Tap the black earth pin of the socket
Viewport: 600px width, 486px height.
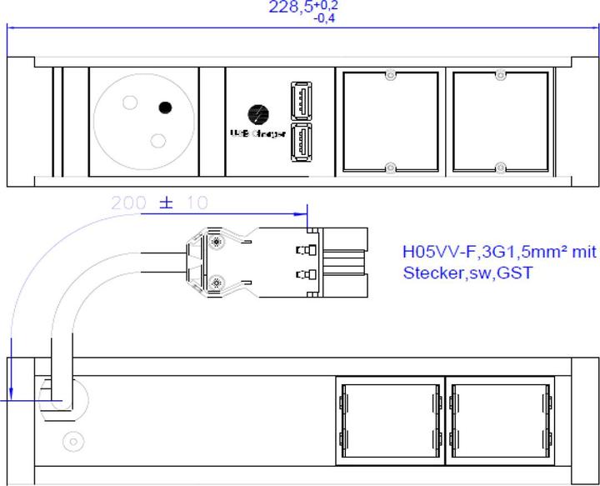(166, 107)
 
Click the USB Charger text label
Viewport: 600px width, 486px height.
(258, 133)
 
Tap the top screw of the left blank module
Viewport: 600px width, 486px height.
(390, 76)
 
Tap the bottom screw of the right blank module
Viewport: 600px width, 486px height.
(500, 168)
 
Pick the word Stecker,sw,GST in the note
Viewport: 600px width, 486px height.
(455, 272)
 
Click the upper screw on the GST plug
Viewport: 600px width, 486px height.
(217, 243)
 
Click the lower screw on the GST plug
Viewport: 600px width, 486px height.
(217, 282)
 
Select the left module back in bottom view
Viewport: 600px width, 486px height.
(391, 421)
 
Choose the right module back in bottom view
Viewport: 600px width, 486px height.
(501, 421)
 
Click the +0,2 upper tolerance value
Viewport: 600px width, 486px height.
(327, 5)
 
